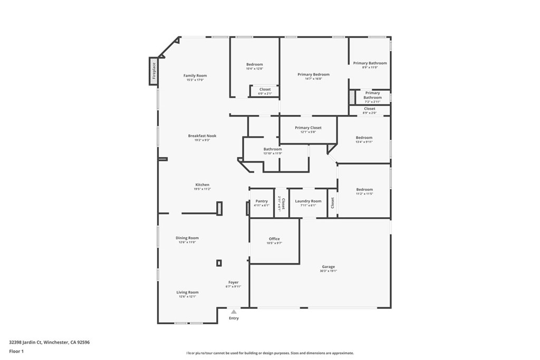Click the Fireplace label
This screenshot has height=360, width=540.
coord(154,71)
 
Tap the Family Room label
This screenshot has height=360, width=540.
coord(195,75)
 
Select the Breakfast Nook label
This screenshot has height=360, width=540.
coord(202,136)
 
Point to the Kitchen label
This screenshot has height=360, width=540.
coord(202,185)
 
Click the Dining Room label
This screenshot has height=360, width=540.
coord(187,238)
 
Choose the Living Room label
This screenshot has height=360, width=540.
coord(187,292)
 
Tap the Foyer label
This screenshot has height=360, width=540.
coord(234,283)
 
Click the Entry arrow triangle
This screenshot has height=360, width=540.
coord(234,312)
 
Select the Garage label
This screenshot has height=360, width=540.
coord(328,267)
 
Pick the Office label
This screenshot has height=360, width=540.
coord(274,239)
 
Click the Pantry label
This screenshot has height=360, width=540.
coord(262,201)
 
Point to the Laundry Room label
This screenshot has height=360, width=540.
coord(308,201)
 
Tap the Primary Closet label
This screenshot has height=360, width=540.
coord(308,128)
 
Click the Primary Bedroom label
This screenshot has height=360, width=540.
coord(313,74)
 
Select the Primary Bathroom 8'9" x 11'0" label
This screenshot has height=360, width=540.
coord(370,63)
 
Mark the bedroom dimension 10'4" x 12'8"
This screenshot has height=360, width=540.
coord(254,69)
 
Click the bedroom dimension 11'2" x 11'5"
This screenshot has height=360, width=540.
coord(364,194)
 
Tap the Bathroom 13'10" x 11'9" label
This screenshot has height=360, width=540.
coord(273,149)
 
